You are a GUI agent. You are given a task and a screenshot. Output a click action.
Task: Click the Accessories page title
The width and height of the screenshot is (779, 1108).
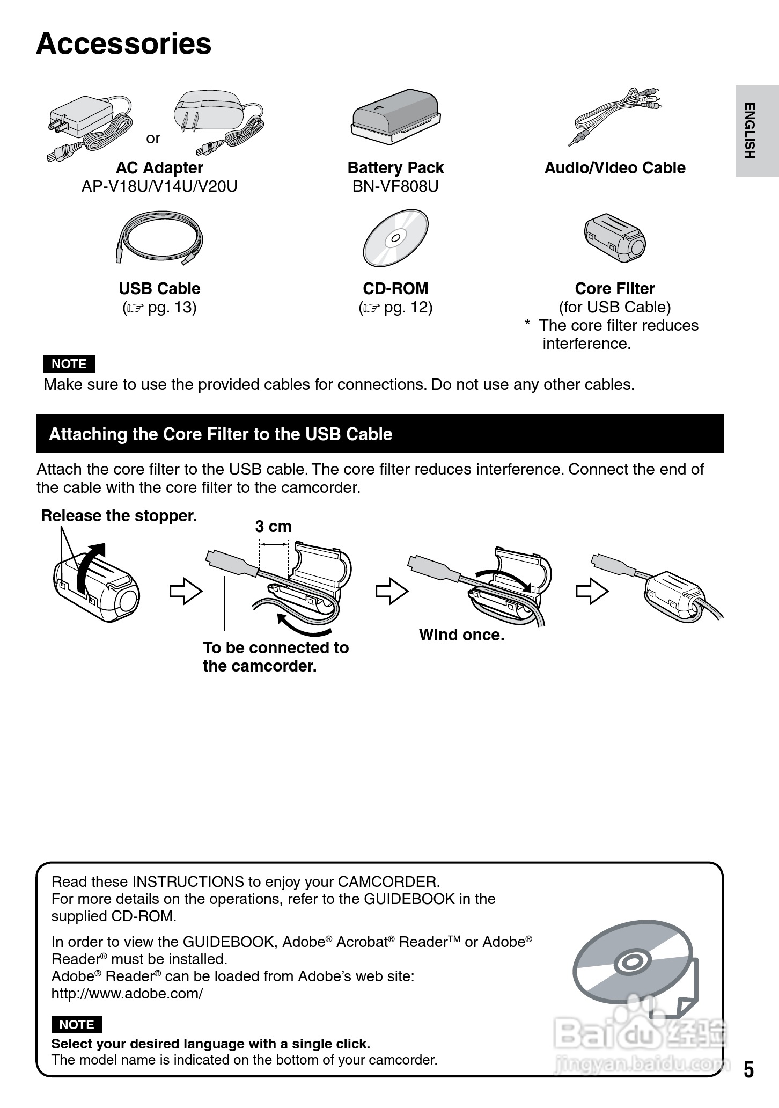click(124, 44)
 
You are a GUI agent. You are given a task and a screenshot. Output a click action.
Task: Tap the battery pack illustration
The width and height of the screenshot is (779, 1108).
click(395, 116)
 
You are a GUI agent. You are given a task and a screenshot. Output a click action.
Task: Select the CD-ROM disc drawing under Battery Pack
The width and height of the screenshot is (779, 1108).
click(395, 238)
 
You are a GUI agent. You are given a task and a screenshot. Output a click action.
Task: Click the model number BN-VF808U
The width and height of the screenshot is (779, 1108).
click(395, 186)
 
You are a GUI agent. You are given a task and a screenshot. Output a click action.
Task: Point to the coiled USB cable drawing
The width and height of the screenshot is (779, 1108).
click(159, 237)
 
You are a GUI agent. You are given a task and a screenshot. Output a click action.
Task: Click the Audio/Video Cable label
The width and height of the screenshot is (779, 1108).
click(615, 168)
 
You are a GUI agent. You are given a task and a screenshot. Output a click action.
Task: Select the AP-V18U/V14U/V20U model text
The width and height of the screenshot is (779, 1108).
click(159, 186)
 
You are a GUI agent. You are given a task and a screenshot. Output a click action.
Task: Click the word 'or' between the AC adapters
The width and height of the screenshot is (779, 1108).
click(153, 138)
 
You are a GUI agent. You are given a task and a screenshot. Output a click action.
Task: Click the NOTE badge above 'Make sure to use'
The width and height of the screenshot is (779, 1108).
click(69, 364)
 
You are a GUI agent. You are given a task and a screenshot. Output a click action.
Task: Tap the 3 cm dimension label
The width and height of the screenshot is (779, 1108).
click(273, 527)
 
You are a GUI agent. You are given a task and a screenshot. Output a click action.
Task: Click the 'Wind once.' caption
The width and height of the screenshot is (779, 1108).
click(461, 635)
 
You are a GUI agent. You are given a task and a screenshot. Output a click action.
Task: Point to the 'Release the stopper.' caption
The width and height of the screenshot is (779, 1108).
click(119, 516)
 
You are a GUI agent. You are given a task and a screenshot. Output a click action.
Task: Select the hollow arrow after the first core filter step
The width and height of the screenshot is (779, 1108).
click(186, 591)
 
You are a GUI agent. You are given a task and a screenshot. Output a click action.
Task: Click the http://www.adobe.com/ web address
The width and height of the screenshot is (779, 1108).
click(127, 993)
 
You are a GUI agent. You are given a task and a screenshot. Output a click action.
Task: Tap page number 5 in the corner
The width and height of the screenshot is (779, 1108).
click(748, 1070)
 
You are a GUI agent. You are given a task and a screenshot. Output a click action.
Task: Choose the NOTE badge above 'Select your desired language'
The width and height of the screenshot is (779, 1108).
click(77, 1025)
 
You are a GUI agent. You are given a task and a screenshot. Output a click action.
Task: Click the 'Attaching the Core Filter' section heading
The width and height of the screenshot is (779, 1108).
click(221, 434)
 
